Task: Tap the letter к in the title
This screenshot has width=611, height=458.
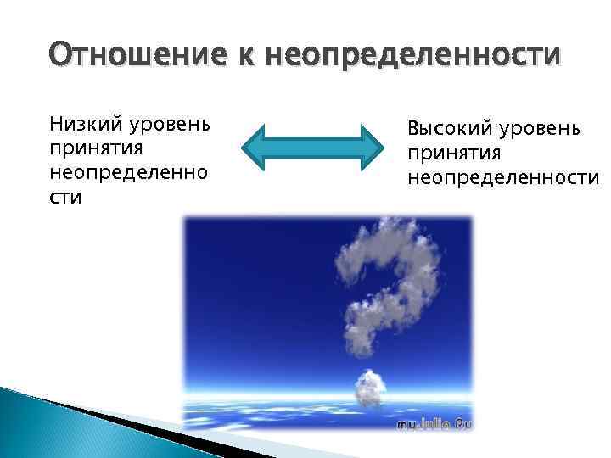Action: point(249,56)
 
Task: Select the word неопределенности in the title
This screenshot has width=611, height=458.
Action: point(413,56)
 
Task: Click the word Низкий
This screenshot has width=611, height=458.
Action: point(86,126)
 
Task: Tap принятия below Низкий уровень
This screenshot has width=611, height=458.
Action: point(95,149)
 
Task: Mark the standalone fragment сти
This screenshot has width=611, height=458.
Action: point(65,197)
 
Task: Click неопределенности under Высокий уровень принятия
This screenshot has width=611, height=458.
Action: point(502,178)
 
